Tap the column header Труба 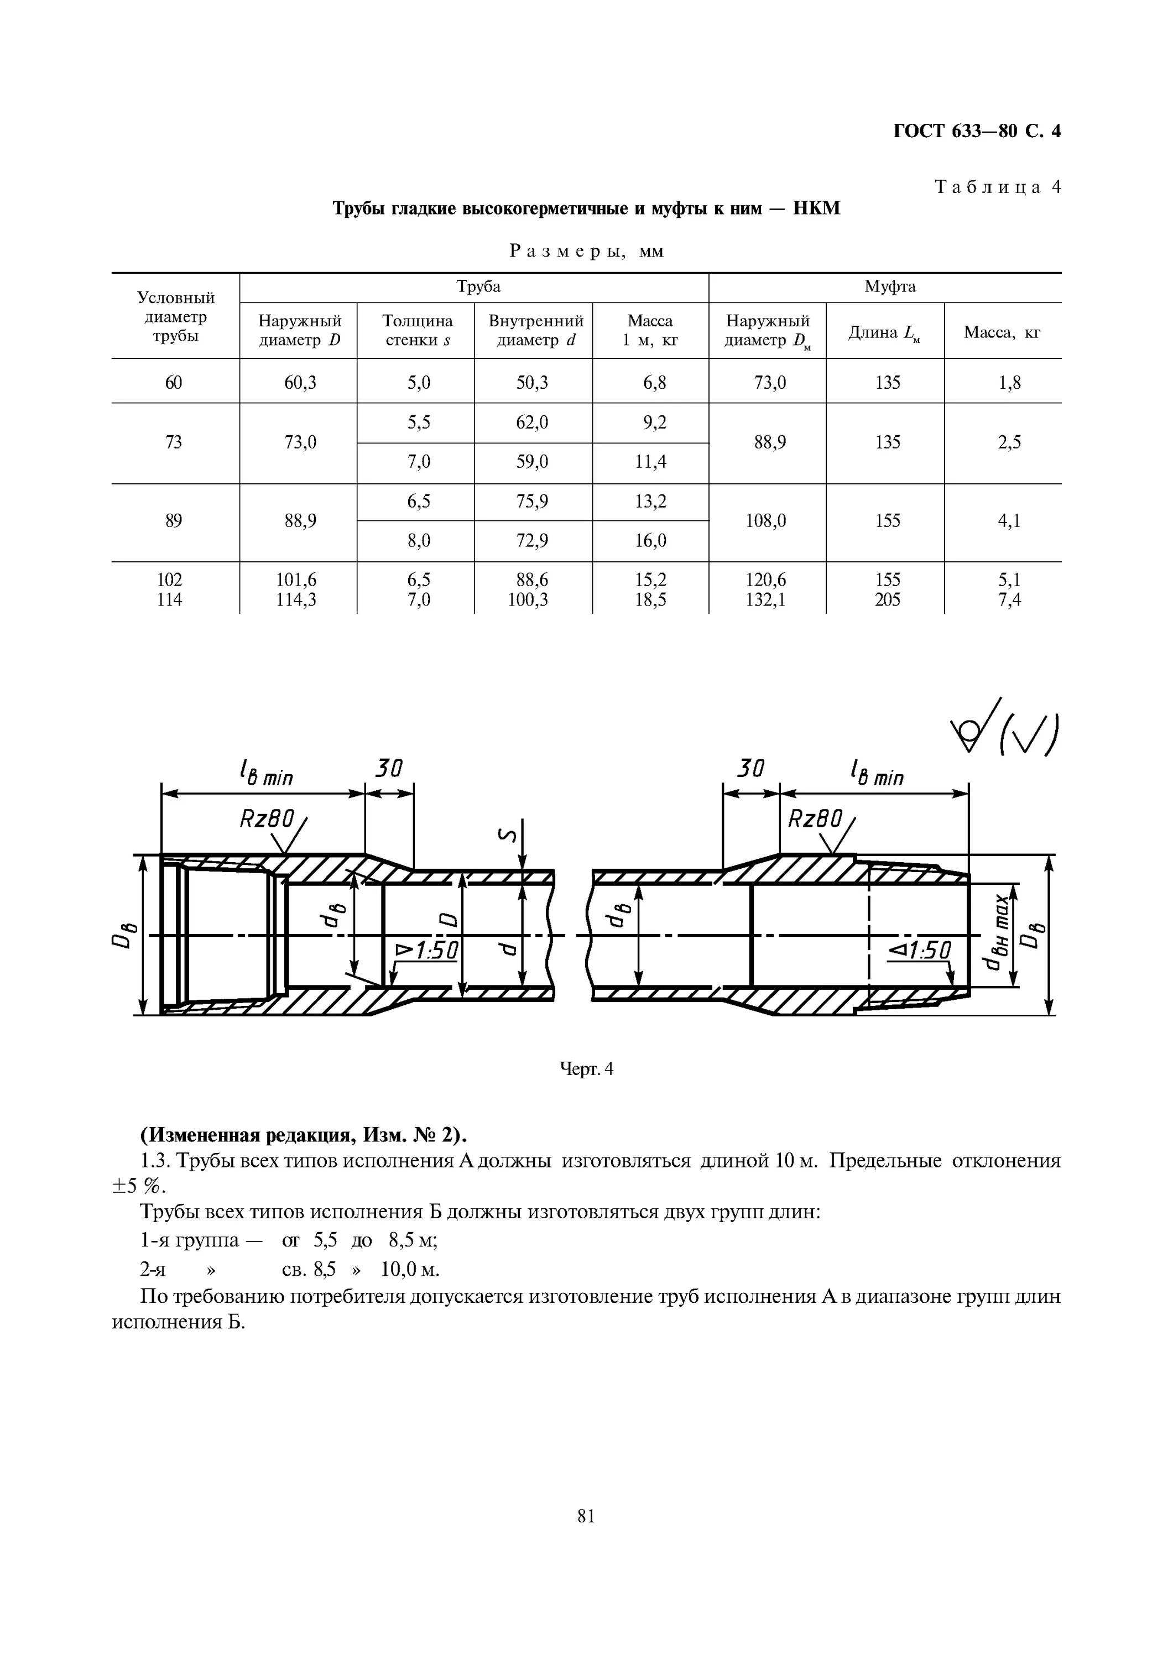pyautogui.click(x=478, y=287)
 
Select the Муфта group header pyautogui.click(x=890, y=287)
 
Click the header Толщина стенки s pyautogui.click(x=417, y=330)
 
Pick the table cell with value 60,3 pyautogui.click(x=300, y=382)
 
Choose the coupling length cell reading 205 pyautogui.click(x=888, y=599)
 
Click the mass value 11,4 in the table pyautogui.click(x=650, y=462)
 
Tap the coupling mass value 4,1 pyautogui.click(x=1010, y=521)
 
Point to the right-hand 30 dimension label pyautogui.click(x=750, y=768)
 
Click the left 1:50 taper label pyautogui.click(x=427, y=950)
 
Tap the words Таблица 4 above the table pyautogui.click(x=997, y=187)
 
